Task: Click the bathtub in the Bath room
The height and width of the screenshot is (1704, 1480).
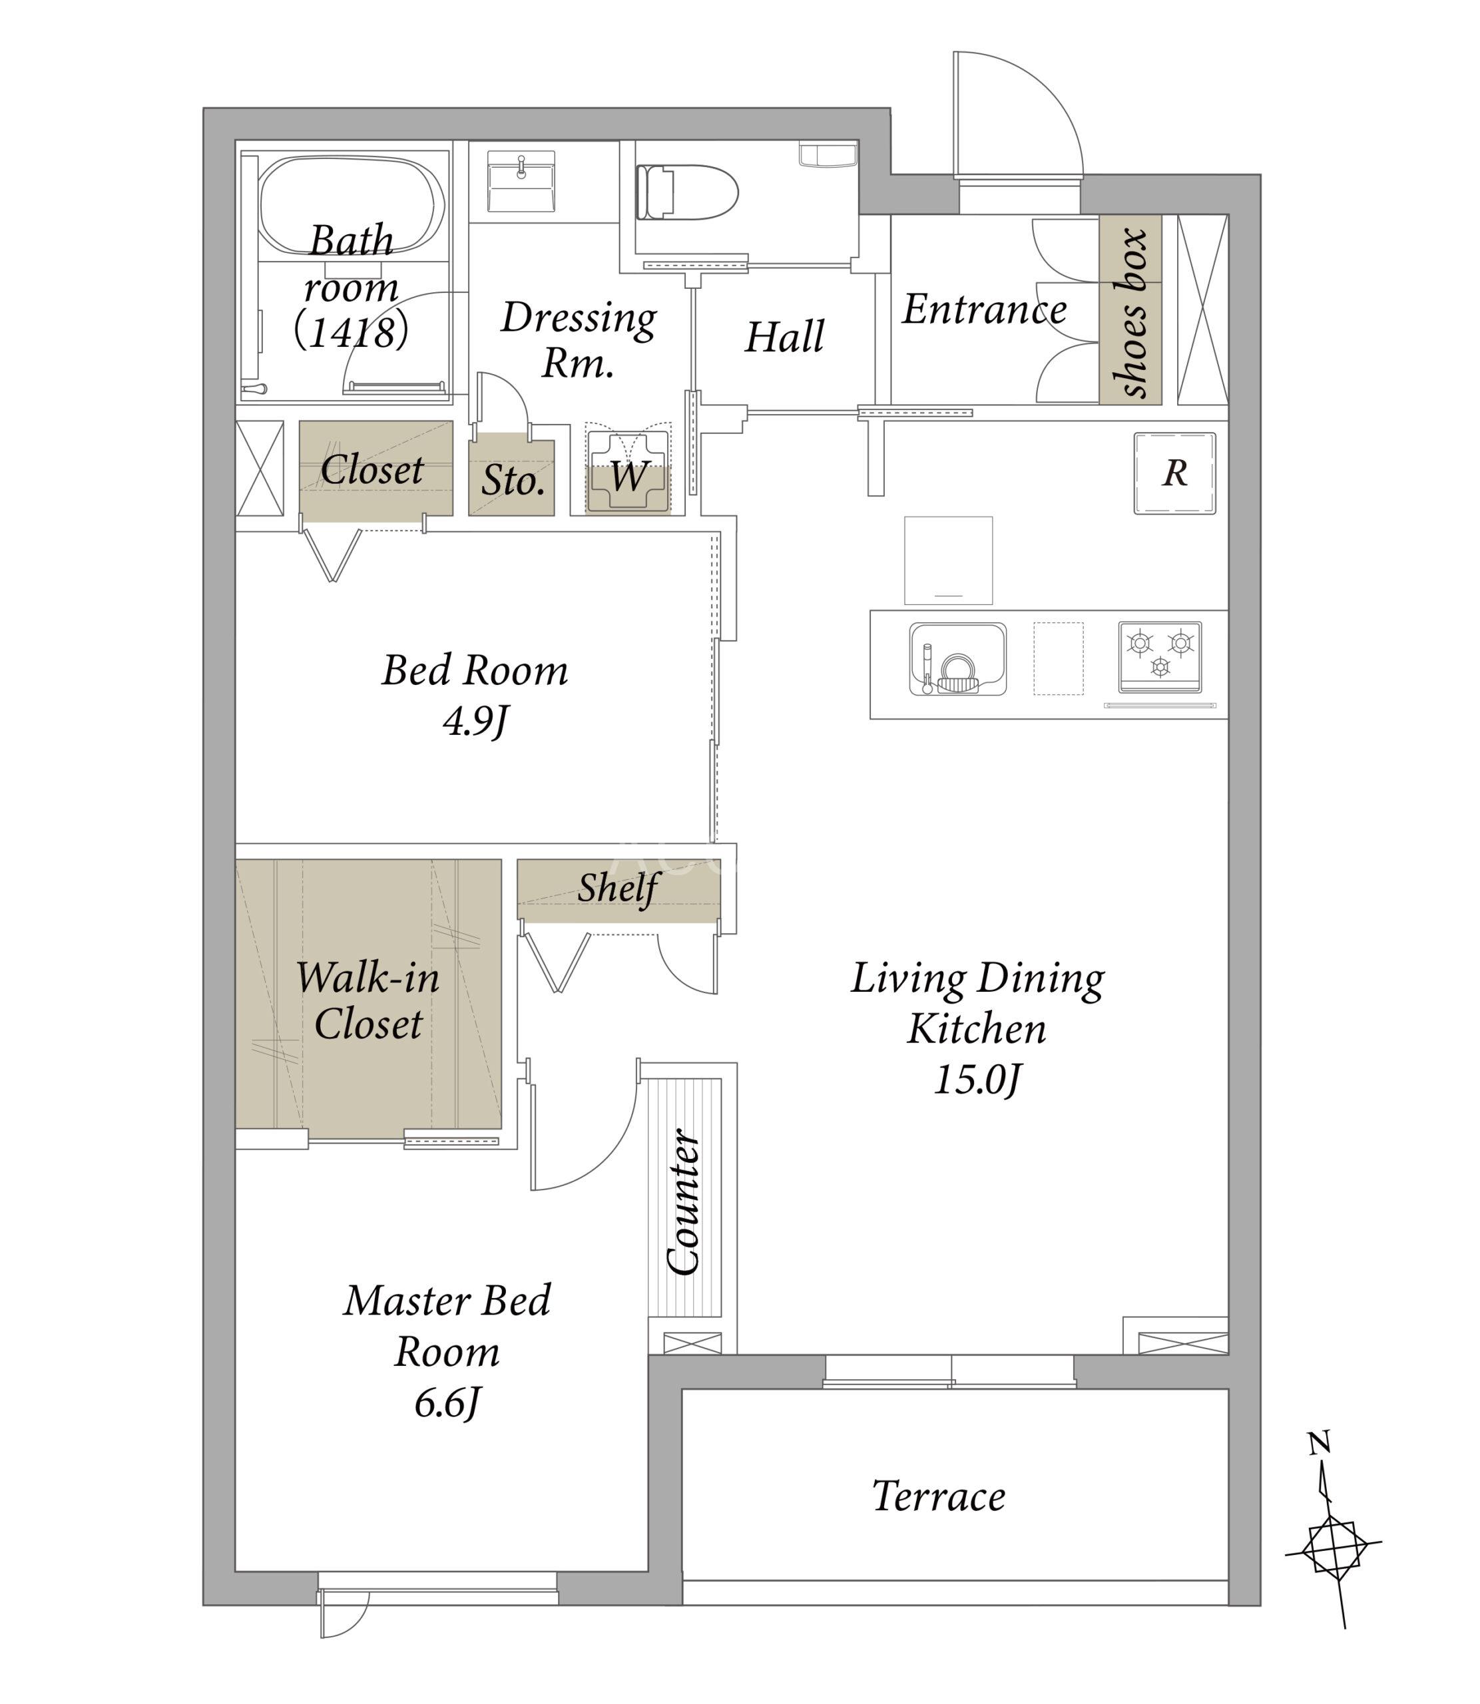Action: click(x=353, y=210)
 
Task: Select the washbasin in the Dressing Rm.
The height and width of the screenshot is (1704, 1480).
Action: click(x=521, y=182)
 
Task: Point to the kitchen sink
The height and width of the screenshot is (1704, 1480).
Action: click(x=958, y=659)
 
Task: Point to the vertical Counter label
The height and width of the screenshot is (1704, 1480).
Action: click(x=683, y=1202)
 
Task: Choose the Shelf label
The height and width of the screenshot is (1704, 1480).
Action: click(x=618, y=889)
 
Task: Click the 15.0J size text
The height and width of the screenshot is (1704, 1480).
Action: click(x=978, y=1080)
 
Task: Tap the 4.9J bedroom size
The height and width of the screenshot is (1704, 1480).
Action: click(x=475, y=722)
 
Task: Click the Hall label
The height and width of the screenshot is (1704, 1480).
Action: click(x=784, y=337)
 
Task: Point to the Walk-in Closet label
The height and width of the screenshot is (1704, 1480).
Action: click(x=368, y=1001)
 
